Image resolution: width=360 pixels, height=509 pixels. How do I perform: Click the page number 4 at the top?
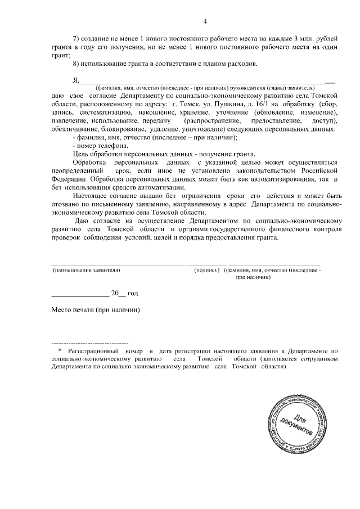(205, 21)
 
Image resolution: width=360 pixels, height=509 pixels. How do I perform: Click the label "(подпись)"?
(206, 271)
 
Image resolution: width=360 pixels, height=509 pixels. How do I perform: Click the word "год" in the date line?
(133, 294)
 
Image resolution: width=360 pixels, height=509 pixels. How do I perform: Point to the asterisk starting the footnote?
(60, 350)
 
